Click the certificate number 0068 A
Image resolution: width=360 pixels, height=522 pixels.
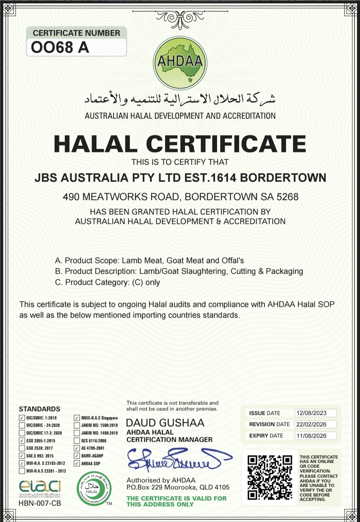tap(60, 48)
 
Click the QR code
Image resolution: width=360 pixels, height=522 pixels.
tap(270, 478)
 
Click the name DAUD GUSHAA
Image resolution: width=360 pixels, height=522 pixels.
tap(165, 423)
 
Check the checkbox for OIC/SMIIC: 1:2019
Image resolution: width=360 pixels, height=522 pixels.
tap(22, 418)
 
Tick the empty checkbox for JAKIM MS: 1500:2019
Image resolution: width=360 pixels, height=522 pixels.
tap(77, 425)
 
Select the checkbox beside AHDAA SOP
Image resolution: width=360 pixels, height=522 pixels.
tap(77, 463)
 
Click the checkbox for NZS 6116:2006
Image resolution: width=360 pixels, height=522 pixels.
tap(77, 441)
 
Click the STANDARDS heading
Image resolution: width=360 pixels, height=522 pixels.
tap(39, 409)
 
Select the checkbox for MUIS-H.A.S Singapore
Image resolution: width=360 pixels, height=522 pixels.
tap(77, 418)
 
